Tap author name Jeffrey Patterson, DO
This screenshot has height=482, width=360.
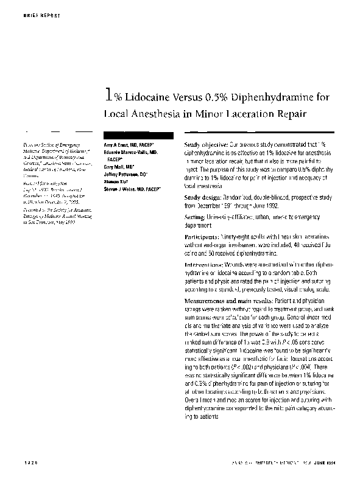[x=124, y=174]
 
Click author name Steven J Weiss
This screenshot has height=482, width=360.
[x=130, y=189]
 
